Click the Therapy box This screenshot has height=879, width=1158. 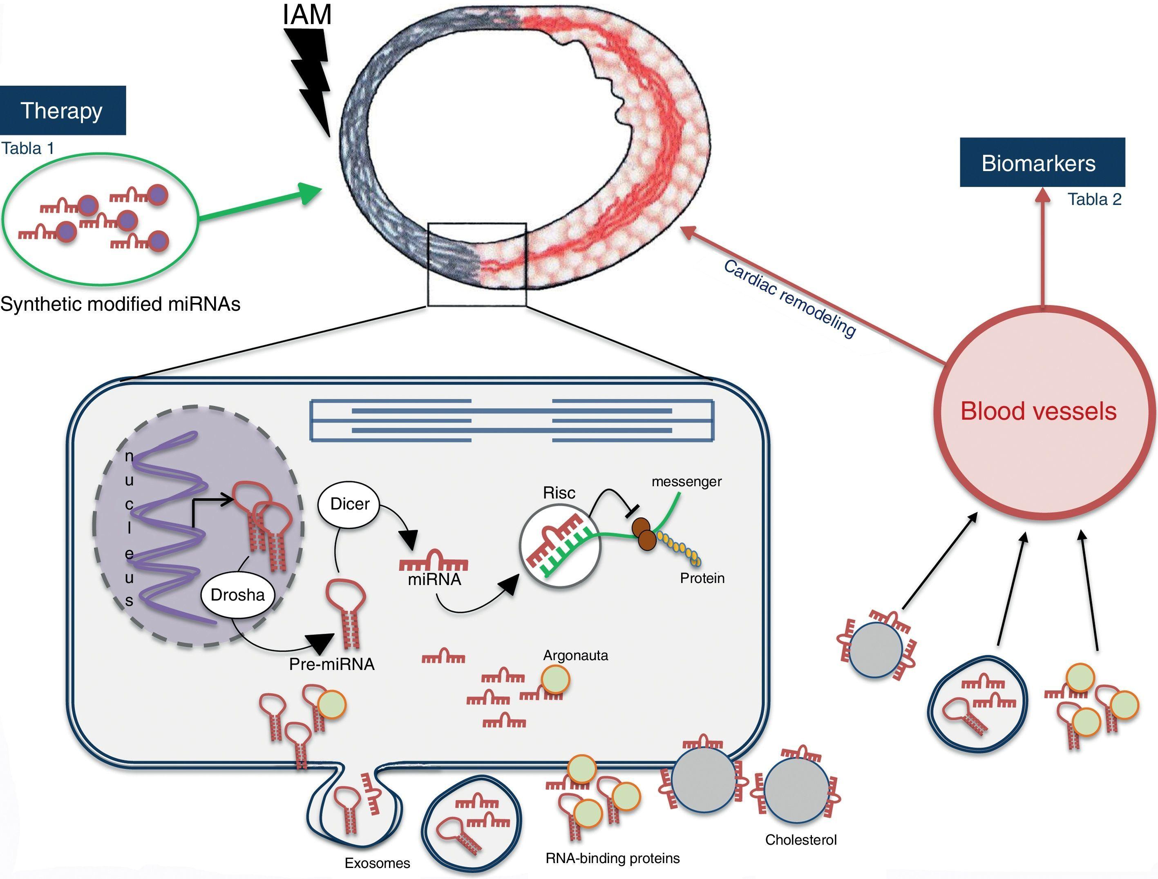pyautogui.click(x=62, y=110)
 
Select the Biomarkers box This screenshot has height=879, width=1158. pyautogui.click(x=1042, y=163)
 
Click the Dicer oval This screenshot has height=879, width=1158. pyautogui.click(x=350, y=504)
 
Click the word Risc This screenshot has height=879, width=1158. pyautogui.click(x=559, y=493)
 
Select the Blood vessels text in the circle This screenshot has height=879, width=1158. pyautogui.click(x=1039, y=411)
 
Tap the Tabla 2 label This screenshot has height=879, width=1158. pyautogui.click(x=1094, y=199)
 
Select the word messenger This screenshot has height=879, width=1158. pyautogui.click(x=686, y=481)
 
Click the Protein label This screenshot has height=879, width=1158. pyautogui.click(x=702, y=578)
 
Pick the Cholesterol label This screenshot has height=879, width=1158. pyautogui.click(x=801, y=840)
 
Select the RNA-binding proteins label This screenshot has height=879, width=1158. pyautogui.click(x=613, y=859)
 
